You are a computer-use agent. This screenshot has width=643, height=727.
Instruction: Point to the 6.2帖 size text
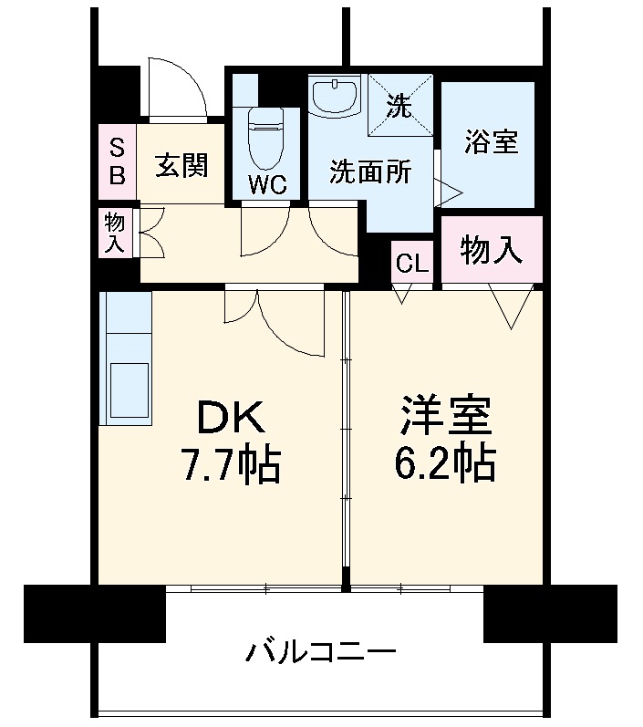445,464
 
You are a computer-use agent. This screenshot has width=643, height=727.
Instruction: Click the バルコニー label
321,652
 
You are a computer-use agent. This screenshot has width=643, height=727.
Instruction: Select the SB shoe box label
118,161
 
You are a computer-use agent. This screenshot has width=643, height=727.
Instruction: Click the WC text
268,184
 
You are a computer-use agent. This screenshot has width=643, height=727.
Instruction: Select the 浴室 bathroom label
490,142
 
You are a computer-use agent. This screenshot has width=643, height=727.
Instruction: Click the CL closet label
411,265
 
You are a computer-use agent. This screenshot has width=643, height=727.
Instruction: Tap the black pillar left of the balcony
94,613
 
